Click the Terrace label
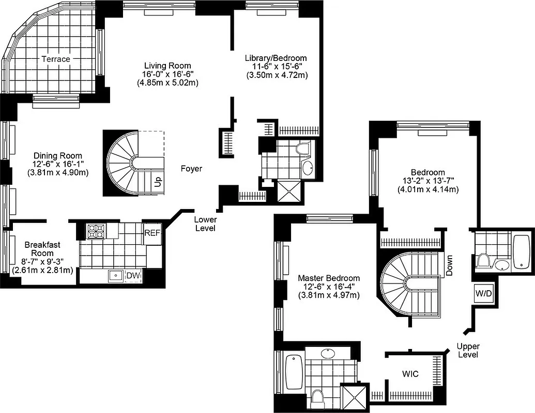(56, 59)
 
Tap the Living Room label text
(167, 66)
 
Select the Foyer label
(191, 168)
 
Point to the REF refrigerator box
(152, 233)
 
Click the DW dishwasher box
(133, 276)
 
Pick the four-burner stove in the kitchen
(95, 231)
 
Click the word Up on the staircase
(157, 182)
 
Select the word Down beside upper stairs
(449, 265)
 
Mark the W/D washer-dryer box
(483, 293)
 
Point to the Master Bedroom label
(329, 278)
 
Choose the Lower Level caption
(205, 224)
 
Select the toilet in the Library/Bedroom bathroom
(303, 149)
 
